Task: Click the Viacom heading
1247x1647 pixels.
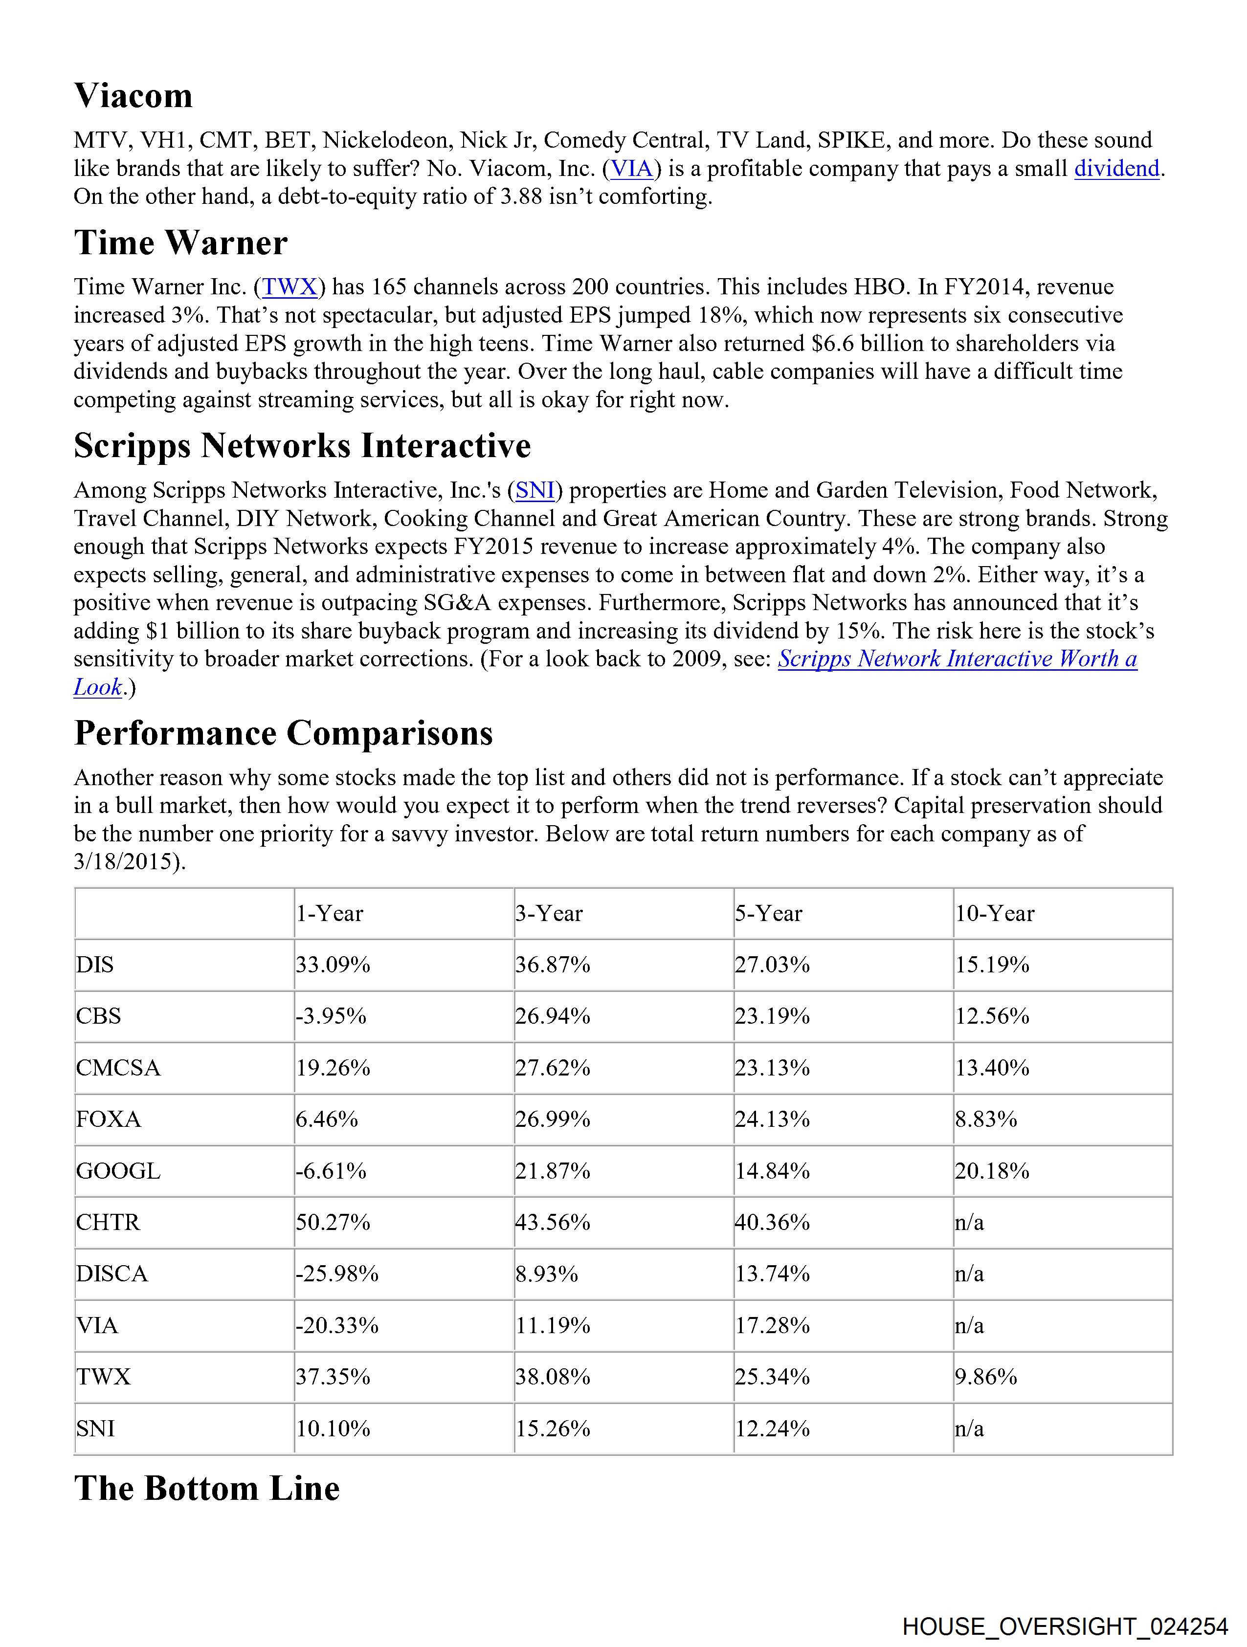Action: pyautogui.click(x=134, y=96)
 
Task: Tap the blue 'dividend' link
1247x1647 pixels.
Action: pyautogui.click(x=1116, y=169)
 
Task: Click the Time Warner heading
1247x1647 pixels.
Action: pyautogui.click(x=180, y=243)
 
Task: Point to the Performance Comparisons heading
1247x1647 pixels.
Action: pyautogui.click(x=283, y=733)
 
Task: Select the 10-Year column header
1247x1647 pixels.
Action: pyautogui.click(x=995, y=914)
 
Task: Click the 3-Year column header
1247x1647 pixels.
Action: pyautogui.click(x=549, y=914)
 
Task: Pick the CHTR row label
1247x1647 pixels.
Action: pyautogui.click(x=108, y=1223)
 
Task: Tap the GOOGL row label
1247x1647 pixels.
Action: pyautogui.click(x=118, y=1171)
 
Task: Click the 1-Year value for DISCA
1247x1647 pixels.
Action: pyautogui.click(x=337, y=1274)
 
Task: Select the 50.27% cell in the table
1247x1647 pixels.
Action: pyautogui.click(x=333, y=1223)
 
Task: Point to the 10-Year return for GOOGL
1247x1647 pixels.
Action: pyautogui.click(x=992, y=1171)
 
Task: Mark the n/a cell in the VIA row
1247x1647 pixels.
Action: pyautogui.click(x=969, y=1325)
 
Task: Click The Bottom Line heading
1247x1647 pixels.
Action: pyautogui.click(x=207, y=1489)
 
